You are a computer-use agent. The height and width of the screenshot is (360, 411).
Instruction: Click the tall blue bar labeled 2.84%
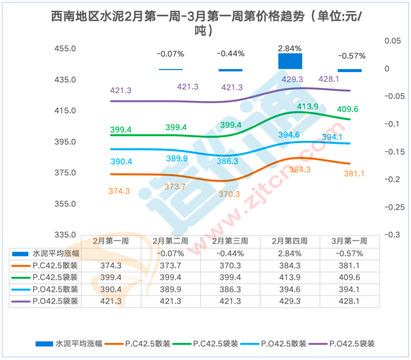click(x=290, y=61)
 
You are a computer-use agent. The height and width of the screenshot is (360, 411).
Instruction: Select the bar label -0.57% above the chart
click(x=352, y=56)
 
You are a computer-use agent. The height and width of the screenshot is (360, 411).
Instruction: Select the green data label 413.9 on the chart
click(x=307, y=107)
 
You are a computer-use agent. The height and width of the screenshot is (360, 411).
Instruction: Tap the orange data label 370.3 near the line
click(x=229, y=194)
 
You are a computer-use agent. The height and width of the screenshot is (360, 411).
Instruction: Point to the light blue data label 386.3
click(x=227, y=161)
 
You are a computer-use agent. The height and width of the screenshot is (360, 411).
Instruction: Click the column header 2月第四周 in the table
click(x=290, y=241)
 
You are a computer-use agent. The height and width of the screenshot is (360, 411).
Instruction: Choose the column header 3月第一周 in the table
click(x=349, y=241)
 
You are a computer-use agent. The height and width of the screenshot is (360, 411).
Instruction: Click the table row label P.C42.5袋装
click(x=55, y=277)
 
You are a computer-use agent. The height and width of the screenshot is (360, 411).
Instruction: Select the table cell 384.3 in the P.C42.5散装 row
click(x=290, y=266)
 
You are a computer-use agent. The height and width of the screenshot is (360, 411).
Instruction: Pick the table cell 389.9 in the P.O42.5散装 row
click(x=170, y=290)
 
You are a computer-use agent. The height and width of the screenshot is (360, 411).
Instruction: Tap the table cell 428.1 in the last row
click(x=349, y=301)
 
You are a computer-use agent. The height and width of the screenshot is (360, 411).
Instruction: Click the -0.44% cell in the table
click(x=230, y=253)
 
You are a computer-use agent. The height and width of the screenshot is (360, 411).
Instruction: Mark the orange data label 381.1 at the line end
click(x=354, y=174)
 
